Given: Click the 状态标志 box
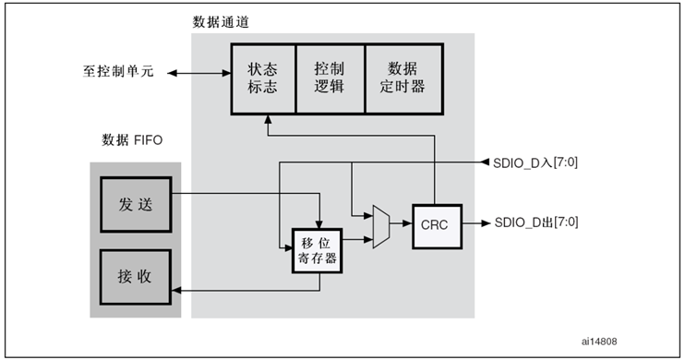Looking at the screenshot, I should click(262, 78).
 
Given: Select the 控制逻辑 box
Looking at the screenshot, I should click(330, 78).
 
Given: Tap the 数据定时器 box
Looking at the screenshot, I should click(402, 78).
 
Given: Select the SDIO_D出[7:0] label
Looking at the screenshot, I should click(536, 222).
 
